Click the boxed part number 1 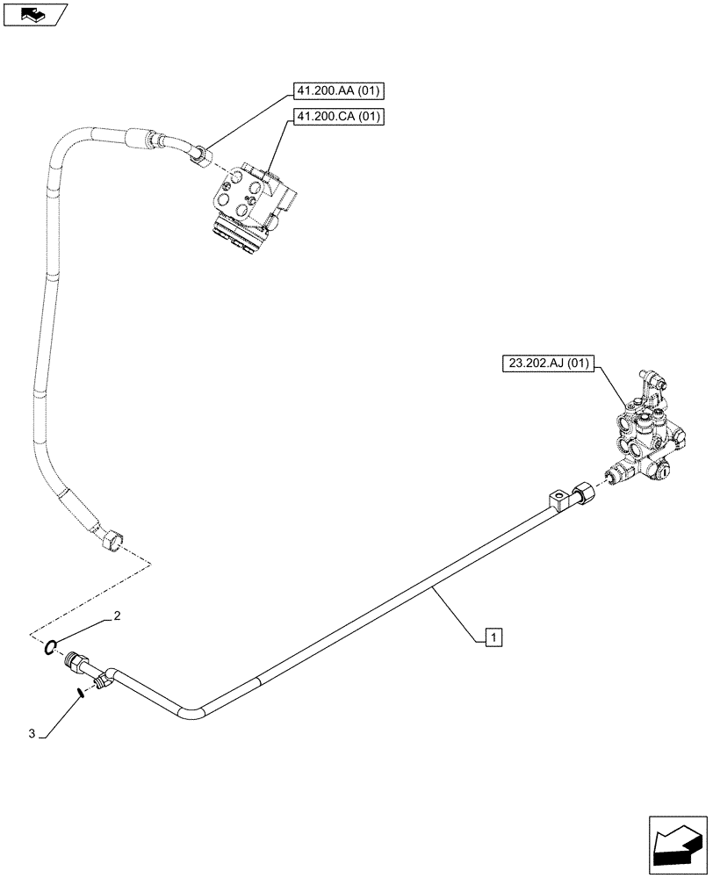pos(494,637)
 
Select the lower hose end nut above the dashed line pos(112,540)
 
